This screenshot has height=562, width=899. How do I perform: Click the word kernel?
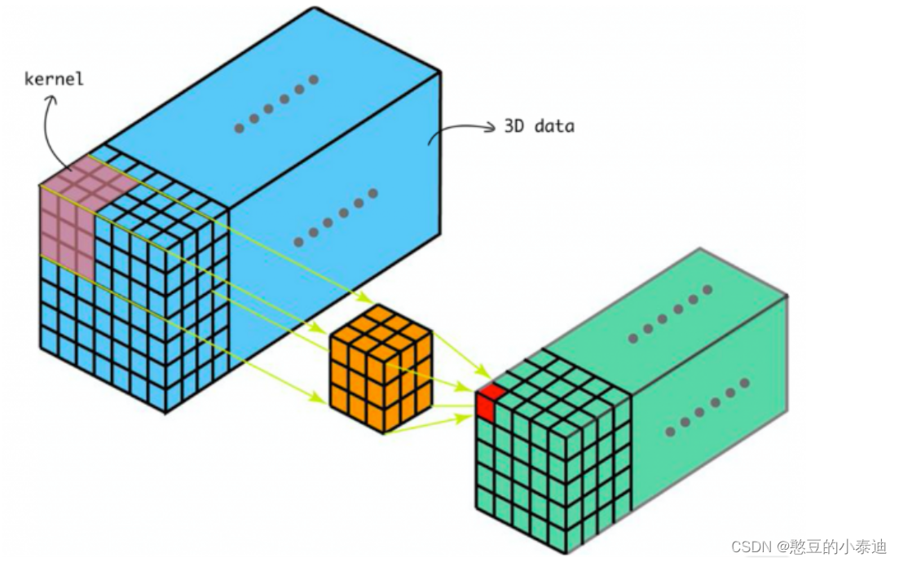click(55, 80)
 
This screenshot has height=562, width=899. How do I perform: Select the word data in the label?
click(553, 126)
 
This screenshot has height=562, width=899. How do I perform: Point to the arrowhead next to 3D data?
click(490, 127)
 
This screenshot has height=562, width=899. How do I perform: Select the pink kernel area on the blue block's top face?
click(90, 172)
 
